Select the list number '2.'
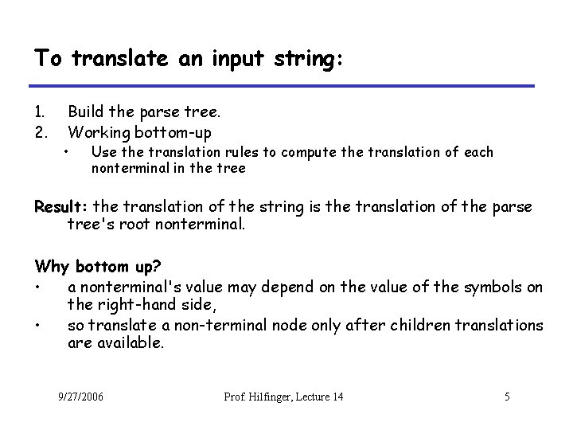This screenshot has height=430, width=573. pos(41,131)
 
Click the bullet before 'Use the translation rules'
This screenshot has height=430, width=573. pos(71,151)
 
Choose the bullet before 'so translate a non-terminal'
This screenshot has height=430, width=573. pos(38,325)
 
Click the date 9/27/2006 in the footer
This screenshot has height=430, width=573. pos(81,397)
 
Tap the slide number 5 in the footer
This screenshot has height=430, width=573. pos(506,397)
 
